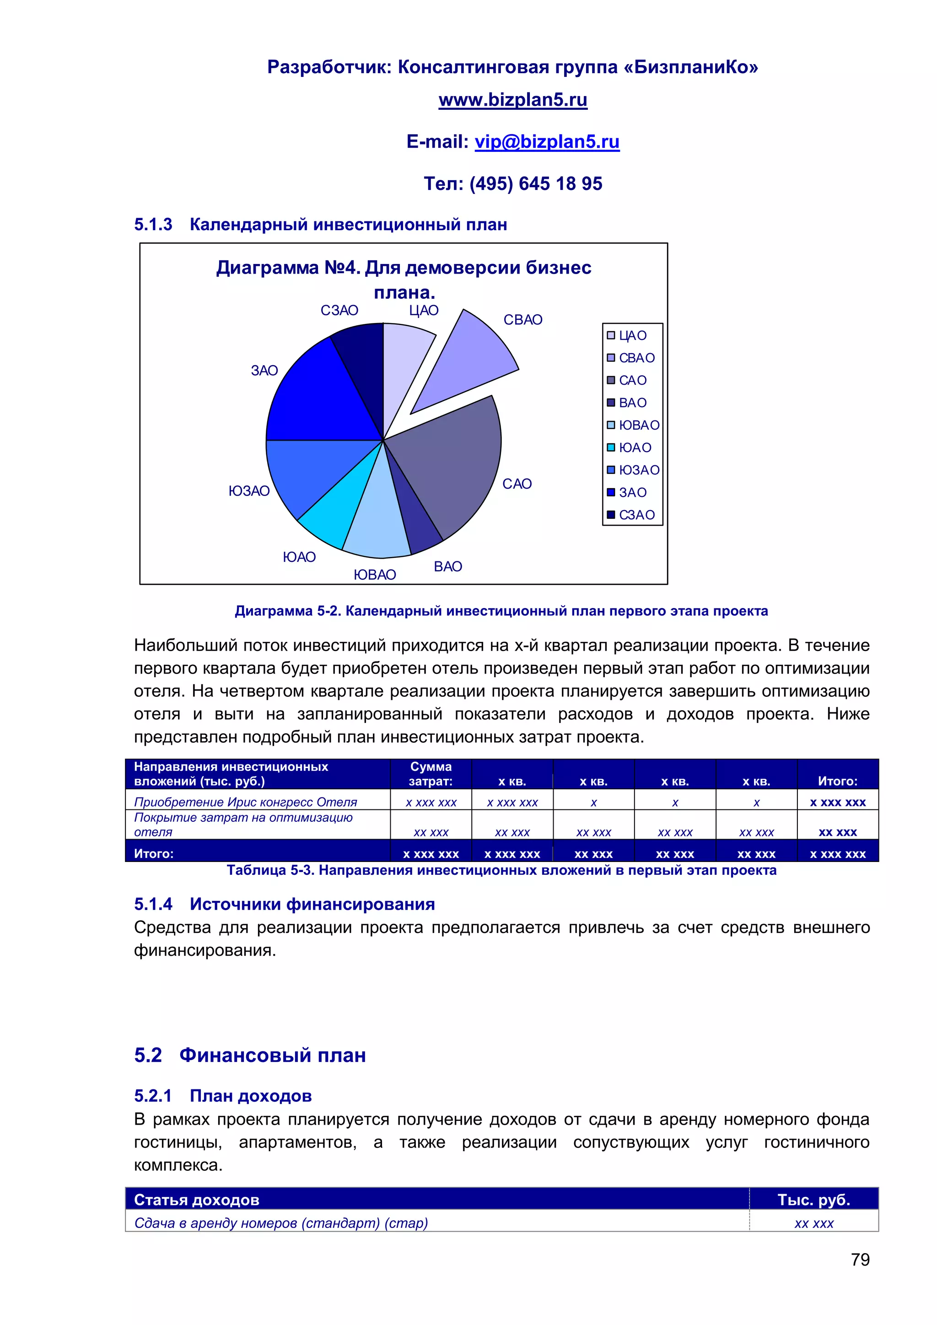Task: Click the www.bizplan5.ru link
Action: (512, 100)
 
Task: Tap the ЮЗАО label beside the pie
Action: (249, 491)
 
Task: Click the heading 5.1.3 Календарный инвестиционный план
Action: (320, 225)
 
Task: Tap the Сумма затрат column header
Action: (431, 774)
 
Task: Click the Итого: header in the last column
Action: (837, 781)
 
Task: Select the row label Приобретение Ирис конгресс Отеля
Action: (245, 802)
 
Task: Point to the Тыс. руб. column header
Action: (813, 1200)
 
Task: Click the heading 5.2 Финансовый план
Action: (250, 1055)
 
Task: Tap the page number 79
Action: (860, 1259)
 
